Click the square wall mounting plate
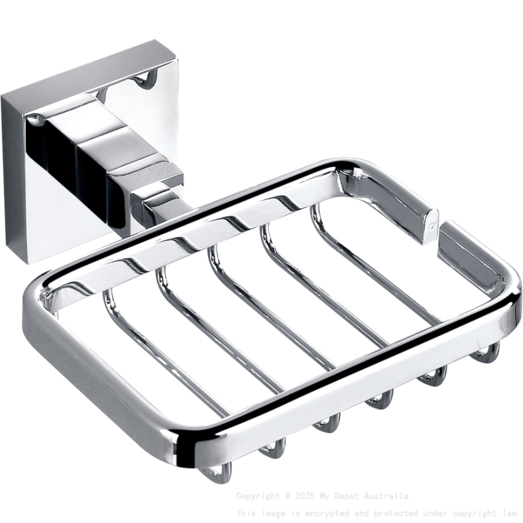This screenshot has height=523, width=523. click(37, 185)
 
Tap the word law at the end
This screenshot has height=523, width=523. click(510, 513)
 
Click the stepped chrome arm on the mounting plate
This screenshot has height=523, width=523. click(98, 148)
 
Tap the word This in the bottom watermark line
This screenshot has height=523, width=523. click(246, 513)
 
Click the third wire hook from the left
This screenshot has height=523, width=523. click(326, 425)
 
